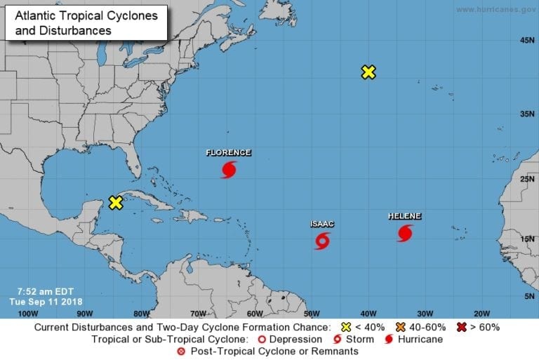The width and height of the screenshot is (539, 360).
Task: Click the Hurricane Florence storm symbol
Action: click(x=229, y=169)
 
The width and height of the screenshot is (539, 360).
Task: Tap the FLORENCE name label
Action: click(x=228, y=152)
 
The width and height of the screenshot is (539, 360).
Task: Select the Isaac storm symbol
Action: click(x=322, y=241)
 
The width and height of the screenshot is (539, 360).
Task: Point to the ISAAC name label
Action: click(x=322, y=225)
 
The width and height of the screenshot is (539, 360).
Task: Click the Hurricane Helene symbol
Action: click(x=405, y=233)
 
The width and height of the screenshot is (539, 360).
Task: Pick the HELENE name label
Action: click(x=405, y=216)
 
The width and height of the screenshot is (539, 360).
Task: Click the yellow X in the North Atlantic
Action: click(x=368, y=72)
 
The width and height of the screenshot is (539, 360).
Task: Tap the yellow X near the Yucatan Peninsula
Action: click(x=117, y=203)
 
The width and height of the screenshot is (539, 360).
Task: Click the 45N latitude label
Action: click(x=527, y=41)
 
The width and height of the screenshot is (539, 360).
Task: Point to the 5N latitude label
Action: click(x=529, y=297)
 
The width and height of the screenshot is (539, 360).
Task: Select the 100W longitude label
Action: click(x=27, y=313)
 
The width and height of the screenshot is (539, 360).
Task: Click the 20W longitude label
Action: click(x=481, y=313)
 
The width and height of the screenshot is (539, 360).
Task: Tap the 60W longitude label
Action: click(x=254, y=313)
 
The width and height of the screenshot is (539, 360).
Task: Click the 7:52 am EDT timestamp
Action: click(x=44, y=291)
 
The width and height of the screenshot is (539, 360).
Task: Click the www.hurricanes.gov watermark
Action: click(x=495, y=9)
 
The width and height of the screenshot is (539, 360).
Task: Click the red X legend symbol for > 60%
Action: click(x=462, y=327)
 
